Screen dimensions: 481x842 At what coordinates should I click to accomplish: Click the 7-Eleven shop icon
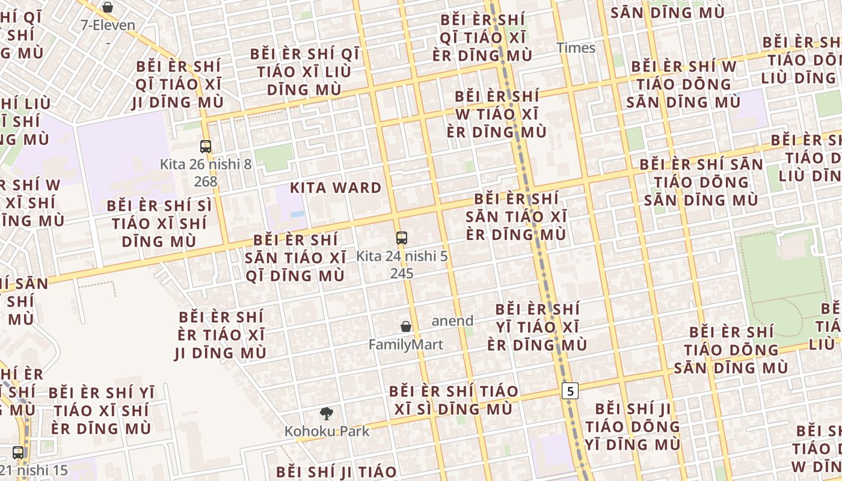pos(108,7)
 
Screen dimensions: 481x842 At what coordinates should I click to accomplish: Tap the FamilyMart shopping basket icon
pos(406,326)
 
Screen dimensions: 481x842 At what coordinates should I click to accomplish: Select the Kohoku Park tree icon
pos(327,413)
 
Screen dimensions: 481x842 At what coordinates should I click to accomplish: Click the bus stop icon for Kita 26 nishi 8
pos(206,146)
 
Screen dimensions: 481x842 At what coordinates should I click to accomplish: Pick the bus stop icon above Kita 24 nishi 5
pos(402,237)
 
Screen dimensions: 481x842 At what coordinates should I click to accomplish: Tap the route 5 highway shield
pos(570,391)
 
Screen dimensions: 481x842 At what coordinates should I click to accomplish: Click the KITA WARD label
pos(336,188)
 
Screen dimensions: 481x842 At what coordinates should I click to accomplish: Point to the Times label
pos(576,48)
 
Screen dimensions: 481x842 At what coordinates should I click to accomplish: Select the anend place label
pos(452,320)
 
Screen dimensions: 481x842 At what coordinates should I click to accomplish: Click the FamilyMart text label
pos(406,345)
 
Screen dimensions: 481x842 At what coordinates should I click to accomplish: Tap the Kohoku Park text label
pos(327,431)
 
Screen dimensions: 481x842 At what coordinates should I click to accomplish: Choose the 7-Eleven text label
pos(108,25)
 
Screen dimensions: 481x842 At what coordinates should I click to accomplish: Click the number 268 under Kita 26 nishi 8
pos(206,181)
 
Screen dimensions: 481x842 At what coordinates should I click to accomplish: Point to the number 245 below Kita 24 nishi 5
pos(402,273)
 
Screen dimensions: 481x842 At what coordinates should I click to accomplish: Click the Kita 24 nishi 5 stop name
pos(402,256)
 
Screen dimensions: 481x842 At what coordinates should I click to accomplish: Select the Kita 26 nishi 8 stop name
pos(206,164)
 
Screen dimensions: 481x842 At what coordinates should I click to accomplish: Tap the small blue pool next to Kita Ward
pos(297,213)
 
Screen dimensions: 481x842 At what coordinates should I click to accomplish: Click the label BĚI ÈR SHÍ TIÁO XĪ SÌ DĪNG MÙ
pos(453,400)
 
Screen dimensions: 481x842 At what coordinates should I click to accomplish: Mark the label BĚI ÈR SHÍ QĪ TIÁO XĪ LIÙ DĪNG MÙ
pos(304,72)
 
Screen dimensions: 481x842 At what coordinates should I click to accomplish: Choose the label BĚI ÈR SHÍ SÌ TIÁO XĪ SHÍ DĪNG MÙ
pos(159,223)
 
